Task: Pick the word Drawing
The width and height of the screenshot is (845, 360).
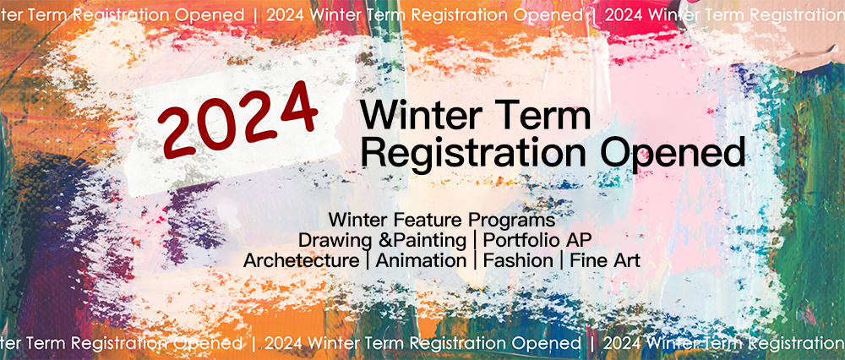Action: (x=330, y=240)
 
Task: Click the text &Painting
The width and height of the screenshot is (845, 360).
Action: (x=416, y=240)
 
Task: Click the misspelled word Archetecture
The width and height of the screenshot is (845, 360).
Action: (x=301, y=260)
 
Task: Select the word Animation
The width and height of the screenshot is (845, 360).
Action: (x=421, y=260)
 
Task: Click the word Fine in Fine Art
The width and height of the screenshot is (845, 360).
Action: (x=587, y=260)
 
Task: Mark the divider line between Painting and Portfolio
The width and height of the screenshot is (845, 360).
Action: (x=474, y=240)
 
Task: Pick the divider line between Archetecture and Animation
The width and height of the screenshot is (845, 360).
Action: (x=368, y=260)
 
